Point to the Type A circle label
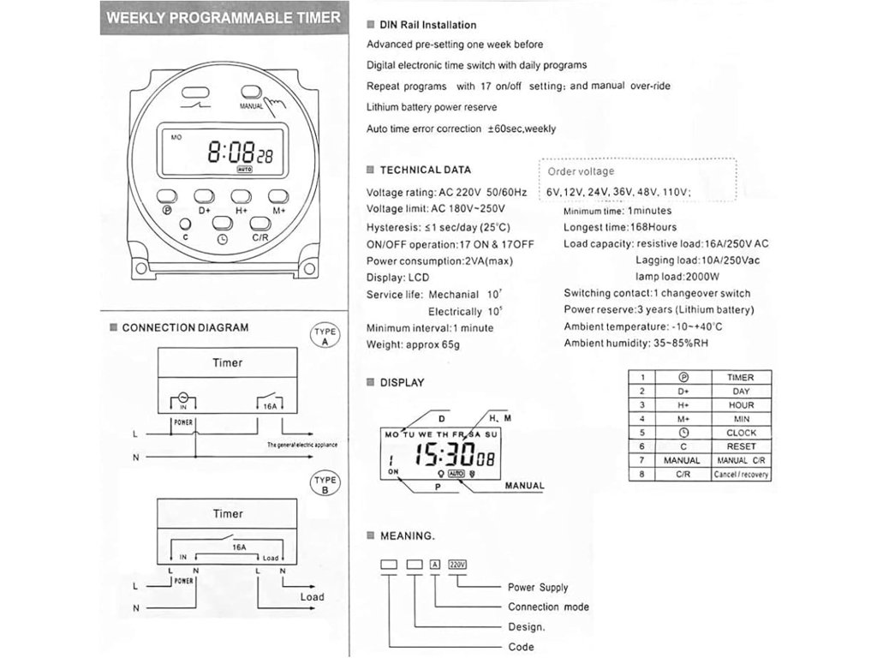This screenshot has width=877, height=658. (x=325, y=337)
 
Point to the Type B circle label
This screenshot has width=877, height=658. (x=325, y=485)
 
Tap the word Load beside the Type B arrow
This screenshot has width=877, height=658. (x=312, y=597)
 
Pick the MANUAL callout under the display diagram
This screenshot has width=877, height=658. (x=524, y=486)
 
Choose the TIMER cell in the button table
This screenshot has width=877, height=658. (x=740, y=377)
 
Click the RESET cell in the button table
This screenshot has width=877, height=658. (x=740, y=446)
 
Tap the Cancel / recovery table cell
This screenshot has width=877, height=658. (x=740, y=475)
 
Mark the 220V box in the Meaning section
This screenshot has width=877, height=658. (x=458, y=564)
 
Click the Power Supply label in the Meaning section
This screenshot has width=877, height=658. (x=538, y=588)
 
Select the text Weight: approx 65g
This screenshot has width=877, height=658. (x=413, y=344)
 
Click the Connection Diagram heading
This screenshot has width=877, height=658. (x=185, y=327)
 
